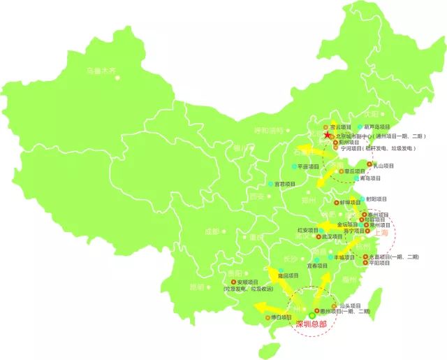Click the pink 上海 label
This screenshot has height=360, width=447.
click(x=381, y=236)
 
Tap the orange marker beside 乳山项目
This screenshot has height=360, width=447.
click(x=365, y=166)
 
